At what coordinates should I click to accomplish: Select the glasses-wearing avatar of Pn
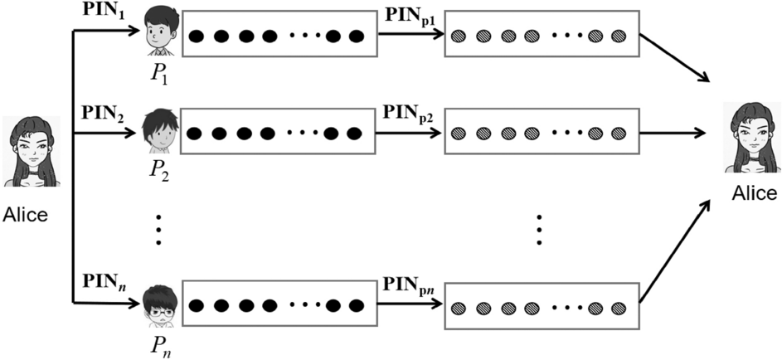click(x=157, y=304)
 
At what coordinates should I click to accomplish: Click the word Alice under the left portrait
click(x=27, y=215)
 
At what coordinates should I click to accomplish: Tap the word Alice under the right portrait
click(x=754, y=194)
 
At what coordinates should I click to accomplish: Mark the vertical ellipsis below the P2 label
click(x=158, y=228)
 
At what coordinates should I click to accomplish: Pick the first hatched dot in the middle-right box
click(x=459, y=132)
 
